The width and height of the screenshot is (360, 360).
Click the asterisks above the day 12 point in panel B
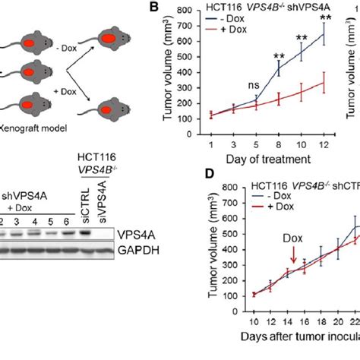(x=325, y=17)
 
